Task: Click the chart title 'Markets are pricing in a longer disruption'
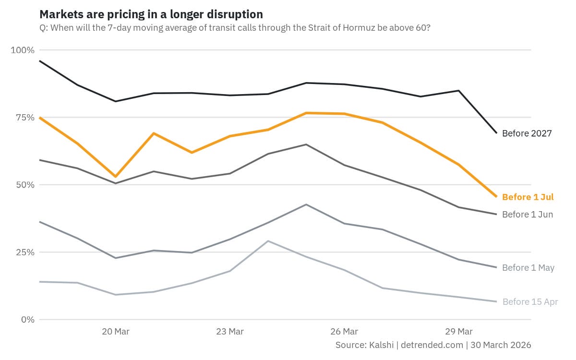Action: pos(151,14)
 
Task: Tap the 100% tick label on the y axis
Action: pos(23,50)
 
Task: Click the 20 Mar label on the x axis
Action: pos(116,332)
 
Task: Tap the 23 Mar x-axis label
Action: pos(230,332)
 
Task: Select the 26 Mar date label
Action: pos(344,332)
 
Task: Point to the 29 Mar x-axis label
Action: pos(458,332)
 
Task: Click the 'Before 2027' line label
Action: pos(527,133)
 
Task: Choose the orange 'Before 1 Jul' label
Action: pos(528,197)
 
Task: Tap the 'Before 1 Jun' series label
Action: pos(527,215)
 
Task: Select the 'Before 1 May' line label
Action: pos(528,268)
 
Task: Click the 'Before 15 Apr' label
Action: pos(529,302)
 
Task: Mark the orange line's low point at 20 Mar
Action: pos(116,177)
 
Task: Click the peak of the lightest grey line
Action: pos(268,241)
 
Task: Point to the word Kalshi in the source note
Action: pos(381,345)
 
